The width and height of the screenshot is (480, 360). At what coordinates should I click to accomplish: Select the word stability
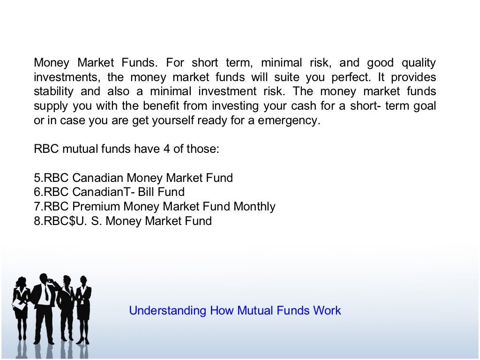click(x=53, y=91)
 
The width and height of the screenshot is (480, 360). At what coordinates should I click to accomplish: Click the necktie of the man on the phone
click(x=46, y=293)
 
